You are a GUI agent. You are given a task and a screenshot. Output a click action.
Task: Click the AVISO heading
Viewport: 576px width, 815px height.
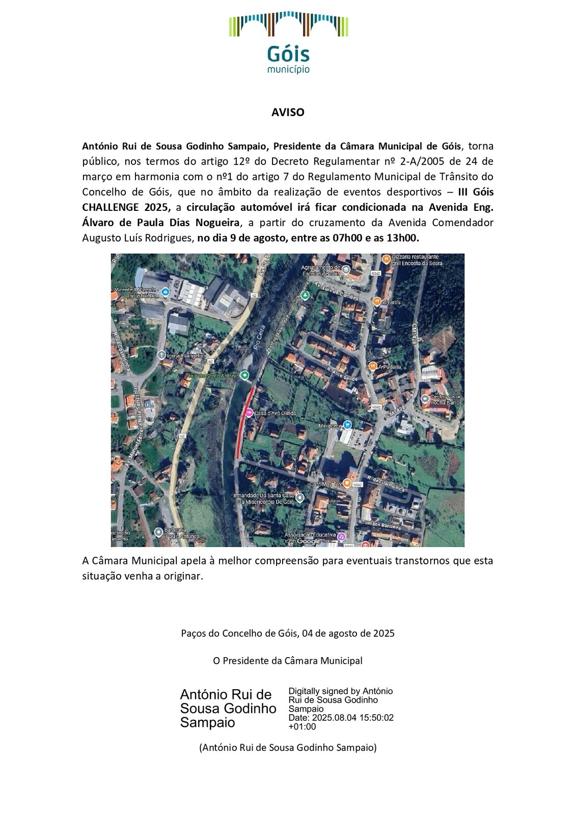[288, 113]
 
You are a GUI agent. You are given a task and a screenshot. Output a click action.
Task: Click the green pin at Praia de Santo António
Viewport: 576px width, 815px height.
[245, 376]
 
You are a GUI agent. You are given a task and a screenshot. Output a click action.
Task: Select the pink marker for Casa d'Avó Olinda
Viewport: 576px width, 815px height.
[249, 413]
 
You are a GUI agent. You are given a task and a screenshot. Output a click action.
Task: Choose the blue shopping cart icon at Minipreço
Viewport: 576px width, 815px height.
[347, 425]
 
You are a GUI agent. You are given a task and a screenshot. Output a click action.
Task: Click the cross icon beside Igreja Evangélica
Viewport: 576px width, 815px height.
[161, 355]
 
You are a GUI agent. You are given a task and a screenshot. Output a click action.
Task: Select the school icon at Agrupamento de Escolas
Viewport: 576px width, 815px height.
[346, 269]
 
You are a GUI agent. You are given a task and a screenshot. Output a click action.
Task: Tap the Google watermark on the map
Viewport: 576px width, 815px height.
[309, 541]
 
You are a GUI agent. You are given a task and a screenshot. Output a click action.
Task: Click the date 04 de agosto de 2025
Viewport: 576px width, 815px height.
[348, 634]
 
